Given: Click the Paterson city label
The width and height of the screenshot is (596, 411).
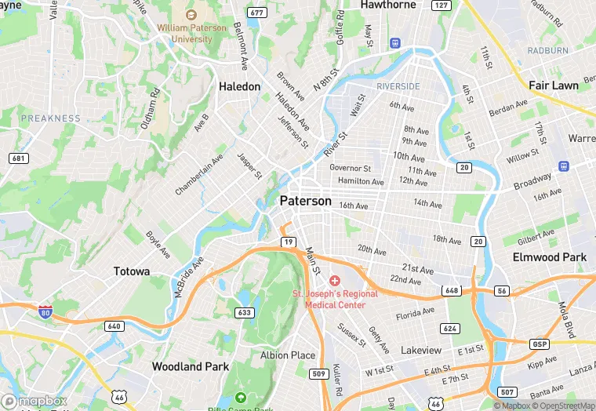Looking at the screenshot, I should pos(305,201).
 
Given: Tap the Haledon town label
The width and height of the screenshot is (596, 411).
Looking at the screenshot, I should pos(239,86).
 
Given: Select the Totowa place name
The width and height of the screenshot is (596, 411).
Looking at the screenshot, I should pos(131,271).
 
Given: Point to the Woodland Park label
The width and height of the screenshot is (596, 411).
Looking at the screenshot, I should pos(190,366).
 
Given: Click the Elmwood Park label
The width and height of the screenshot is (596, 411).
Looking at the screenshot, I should pos(549,257).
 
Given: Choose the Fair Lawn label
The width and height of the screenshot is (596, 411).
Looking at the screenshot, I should pos(553,85).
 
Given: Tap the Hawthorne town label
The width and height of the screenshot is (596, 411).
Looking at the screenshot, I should pos(387,5).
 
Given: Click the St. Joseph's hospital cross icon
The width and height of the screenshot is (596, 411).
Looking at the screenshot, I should pos(335,280).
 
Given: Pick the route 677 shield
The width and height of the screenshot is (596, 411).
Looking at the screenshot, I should pos(256,13).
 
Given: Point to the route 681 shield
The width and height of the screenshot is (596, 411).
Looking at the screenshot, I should pos(19,158).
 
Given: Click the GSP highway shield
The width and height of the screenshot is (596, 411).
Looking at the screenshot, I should pos(540,344).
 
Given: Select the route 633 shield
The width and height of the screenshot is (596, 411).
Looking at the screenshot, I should pos(244,312).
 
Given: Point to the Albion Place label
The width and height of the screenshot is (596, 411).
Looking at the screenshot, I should pos(288,355).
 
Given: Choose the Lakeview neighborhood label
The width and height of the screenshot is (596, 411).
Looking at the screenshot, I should pos(421,350).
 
